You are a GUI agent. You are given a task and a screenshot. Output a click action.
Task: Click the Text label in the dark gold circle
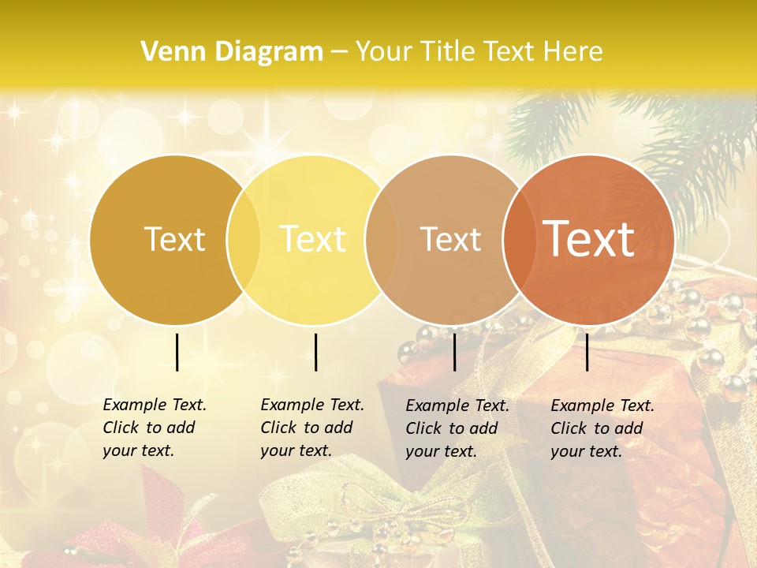coord(175,239)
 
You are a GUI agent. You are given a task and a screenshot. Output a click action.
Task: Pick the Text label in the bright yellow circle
coord(313,239)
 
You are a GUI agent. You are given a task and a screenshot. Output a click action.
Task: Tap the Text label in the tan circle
coord(450,239)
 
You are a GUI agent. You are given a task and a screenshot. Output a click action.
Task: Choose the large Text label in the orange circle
coord(589,239)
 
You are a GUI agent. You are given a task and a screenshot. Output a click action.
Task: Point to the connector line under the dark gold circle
coord(177,352)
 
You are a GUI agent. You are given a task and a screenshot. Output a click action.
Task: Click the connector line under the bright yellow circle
coord(315,352)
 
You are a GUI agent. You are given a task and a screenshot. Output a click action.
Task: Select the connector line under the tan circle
coord(454,352)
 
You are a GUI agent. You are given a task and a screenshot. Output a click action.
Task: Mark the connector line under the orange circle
coord(587,352)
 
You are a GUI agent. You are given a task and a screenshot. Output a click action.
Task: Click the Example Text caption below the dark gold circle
coord(155,428)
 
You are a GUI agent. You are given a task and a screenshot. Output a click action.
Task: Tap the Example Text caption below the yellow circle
coord(312,428)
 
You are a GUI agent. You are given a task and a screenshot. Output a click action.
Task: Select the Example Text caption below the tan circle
coord(457,428)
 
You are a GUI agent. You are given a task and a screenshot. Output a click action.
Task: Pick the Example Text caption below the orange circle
coord(602,428)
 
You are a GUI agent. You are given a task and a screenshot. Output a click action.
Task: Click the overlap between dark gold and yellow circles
coord(244,239)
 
